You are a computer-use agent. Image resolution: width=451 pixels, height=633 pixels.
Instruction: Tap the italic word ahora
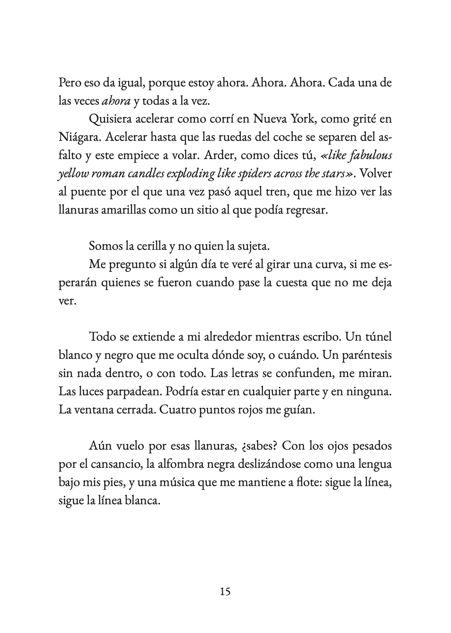pyautogui.click(x=116, y=101)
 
